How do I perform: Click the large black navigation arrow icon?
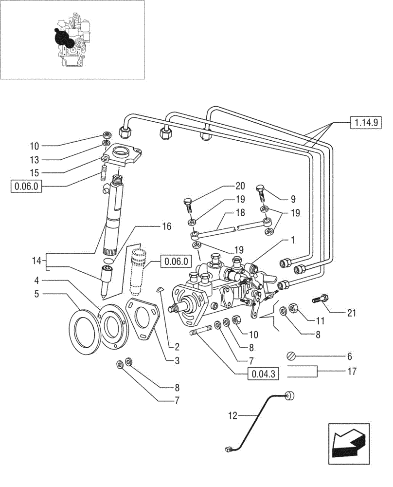(347, 442)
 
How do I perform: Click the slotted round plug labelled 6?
(291, 356)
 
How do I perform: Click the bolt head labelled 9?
(260, 189)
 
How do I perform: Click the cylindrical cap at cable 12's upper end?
(291, 396)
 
